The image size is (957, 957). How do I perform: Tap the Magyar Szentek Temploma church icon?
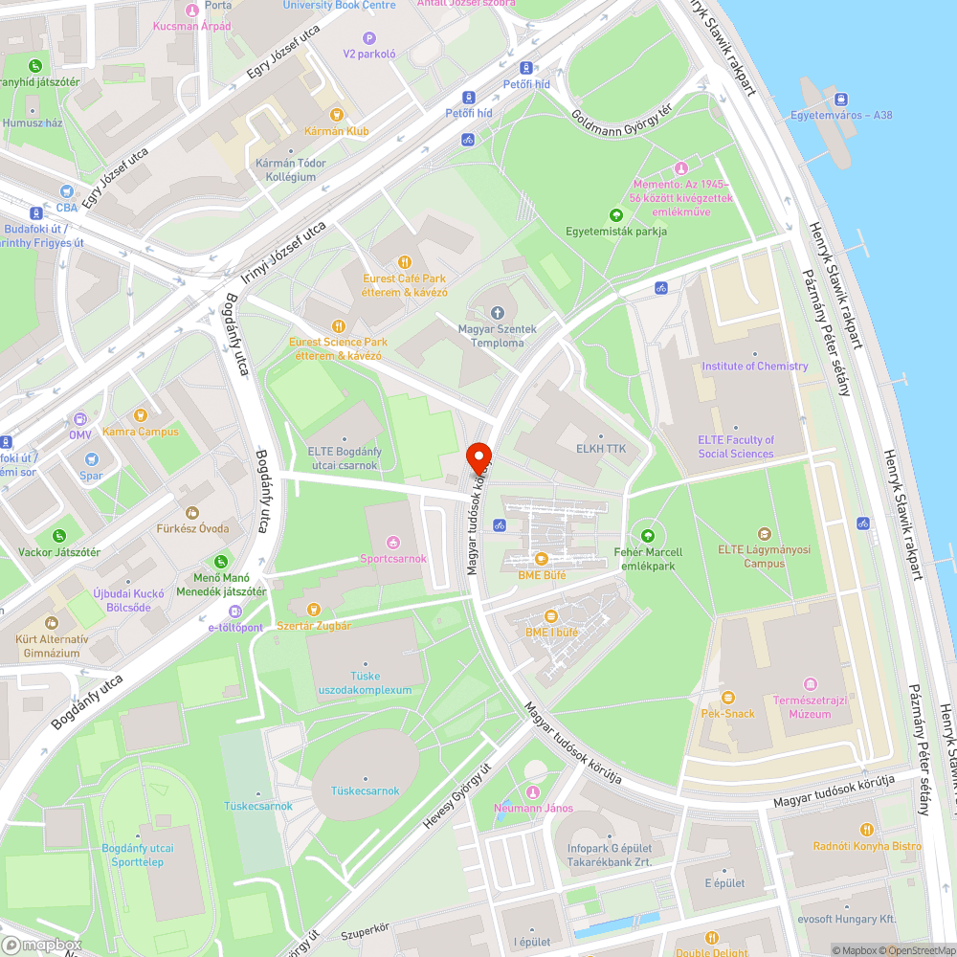497,313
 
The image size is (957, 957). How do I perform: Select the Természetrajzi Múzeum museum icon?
811,684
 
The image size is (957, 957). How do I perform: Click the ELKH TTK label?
601,447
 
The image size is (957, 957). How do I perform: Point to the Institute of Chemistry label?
754,367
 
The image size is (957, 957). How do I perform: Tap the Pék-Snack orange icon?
727,698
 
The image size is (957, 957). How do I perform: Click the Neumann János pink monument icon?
533,791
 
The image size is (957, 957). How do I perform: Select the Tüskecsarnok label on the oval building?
365,790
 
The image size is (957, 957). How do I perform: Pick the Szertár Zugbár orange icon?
313,610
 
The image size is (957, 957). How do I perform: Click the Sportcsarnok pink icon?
392,543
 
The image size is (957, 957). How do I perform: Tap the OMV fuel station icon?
80,418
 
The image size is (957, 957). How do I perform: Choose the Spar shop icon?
91,460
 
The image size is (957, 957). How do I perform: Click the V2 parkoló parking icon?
369,38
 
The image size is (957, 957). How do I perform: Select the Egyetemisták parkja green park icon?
615,215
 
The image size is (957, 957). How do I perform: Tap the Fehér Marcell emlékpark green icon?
648,536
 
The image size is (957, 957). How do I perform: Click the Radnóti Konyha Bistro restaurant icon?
866,830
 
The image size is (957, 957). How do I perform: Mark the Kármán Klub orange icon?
308,114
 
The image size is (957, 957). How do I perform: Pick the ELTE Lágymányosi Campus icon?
764,534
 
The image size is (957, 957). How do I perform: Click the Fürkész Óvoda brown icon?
192,513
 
